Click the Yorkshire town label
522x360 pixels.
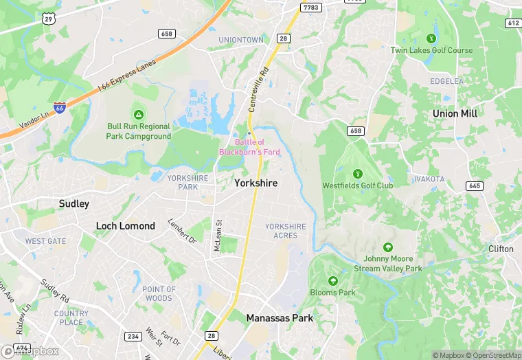tap(256, 183)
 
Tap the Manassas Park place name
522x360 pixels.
tap(280, 318)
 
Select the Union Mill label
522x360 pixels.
tap(455, 113)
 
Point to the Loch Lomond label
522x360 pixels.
tap(125, 226)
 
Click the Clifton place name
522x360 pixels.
tap(501, 249)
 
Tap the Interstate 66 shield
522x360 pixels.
tap(60, 109)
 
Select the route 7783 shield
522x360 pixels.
tap(310, 8)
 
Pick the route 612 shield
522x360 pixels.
tap(513, 23)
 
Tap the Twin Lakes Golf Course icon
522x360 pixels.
tap(431, 38)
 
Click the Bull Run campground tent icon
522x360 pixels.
tap(138, 114)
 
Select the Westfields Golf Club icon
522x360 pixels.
tap(357, 174)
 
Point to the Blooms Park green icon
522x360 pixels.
tap(333, 281)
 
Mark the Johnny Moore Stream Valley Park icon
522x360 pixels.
tap(388, 247)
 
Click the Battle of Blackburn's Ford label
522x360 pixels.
tap(249, 146)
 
